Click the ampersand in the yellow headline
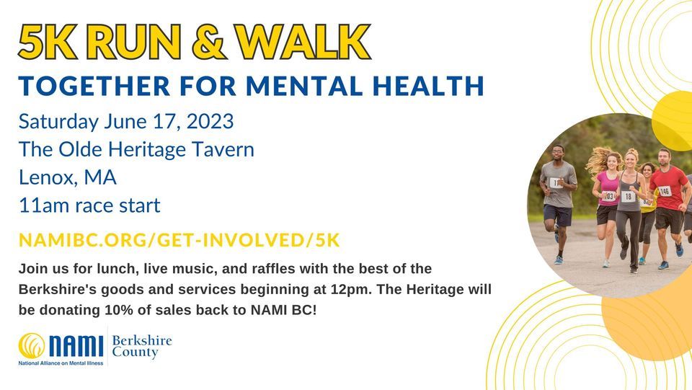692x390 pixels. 210,42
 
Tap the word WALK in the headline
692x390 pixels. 303,42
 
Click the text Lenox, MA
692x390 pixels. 68,178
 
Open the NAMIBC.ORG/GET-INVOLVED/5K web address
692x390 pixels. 179,240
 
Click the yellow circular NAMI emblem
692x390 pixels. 32,345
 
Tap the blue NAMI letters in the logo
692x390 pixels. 76,346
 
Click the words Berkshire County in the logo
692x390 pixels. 142,346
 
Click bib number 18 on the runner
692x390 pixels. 628,196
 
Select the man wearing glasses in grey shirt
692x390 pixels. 557,203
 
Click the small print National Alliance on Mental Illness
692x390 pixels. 61,363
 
